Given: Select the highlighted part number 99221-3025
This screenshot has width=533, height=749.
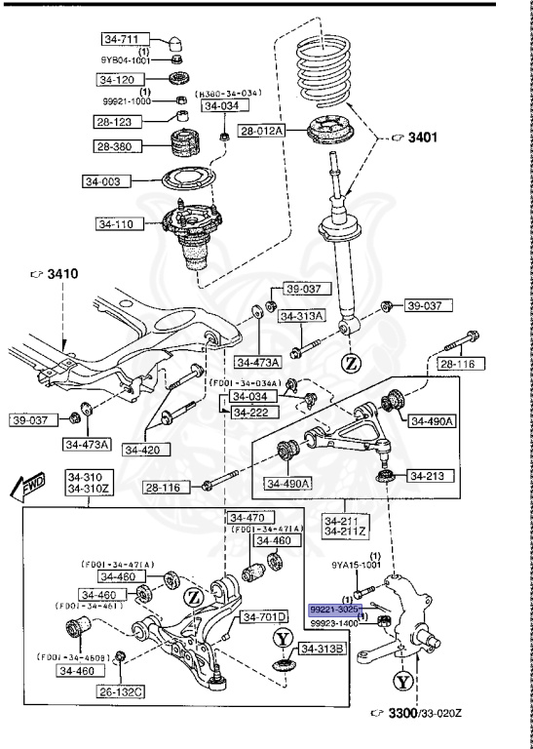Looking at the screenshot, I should tap(337, 608).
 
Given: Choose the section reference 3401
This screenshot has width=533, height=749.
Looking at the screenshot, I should tap(414, 138).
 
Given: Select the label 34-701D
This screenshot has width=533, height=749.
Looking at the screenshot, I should tap(265, 617).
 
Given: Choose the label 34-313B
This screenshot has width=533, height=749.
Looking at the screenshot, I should tap(322, 649).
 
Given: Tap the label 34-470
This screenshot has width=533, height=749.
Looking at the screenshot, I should tap(247, 517).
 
